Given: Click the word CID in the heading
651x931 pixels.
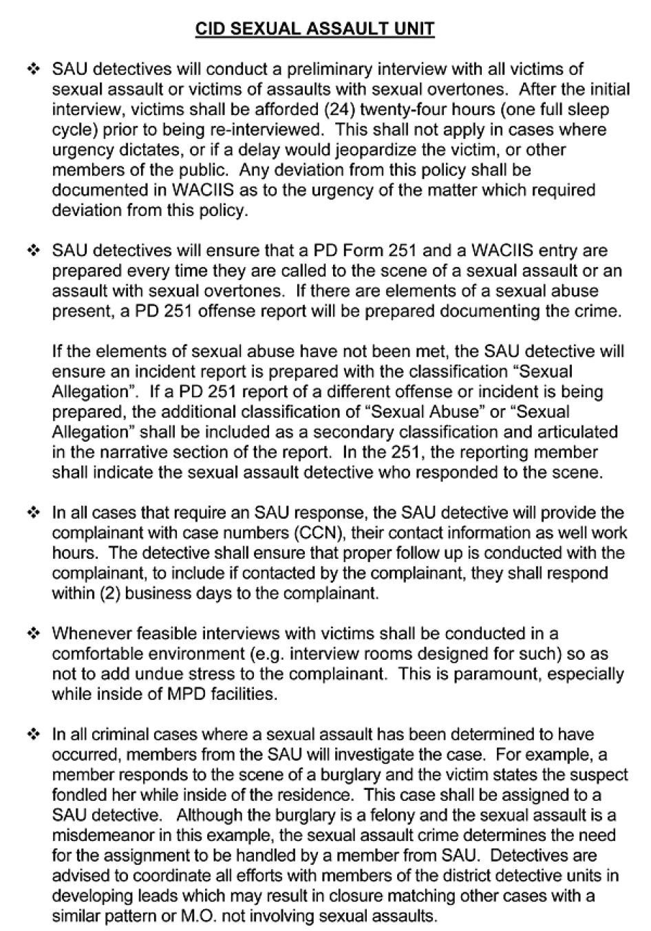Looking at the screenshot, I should [x=210, y=28].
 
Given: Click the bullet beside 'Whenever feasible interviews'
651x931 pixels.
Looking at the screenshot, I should [x=33, y=633].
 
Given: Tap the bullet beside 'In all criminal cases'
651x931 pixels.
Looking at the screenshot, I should [x=33, y=734].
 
